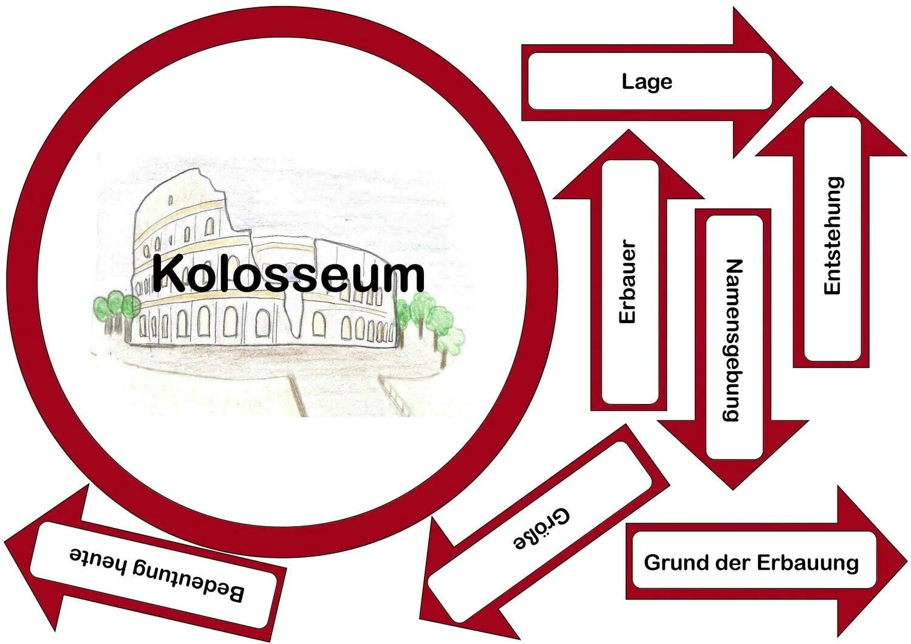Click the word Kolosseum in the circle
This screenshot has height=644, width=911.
pyautogui.click(x=288, y=274)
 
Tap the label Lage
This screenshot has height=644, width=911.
pyautogui.click(x=647, y=81)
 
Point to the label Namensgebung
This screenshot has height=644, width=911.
pyautogui.click(x=734, y=340)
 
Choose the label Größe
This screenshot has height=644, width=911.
pyautogui.click(x=542, y=529)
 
